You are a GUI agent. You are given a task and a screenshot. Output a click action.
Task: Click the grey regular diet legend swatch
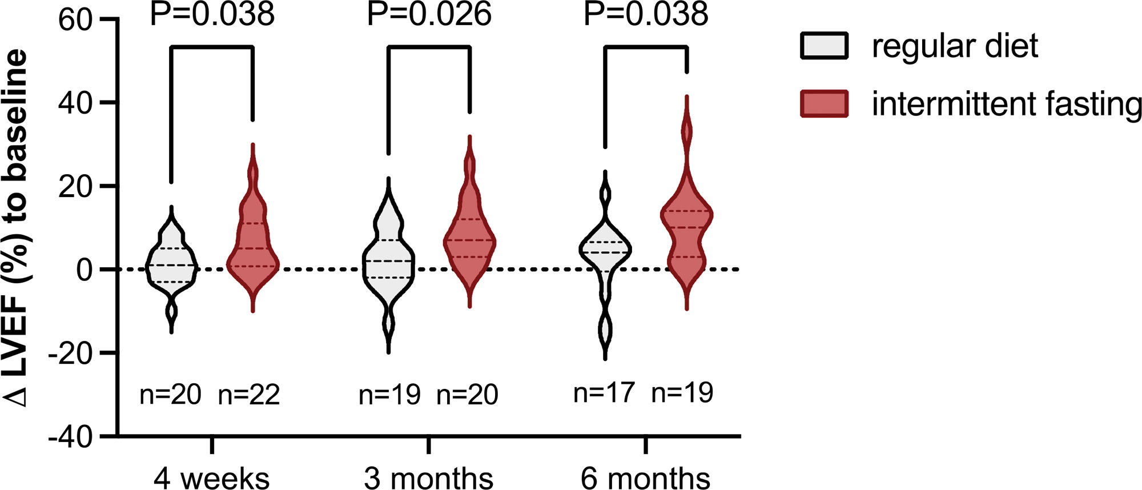point(824,46)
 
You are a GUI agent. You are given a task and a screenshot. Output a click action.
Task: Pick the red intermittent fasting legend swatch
point(824,103)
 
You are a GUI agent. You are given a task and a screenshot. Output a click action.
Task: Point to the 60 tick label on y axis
point(75,21)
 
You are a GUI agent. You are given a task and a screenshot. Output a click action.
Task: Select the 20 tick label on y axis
point(75,187)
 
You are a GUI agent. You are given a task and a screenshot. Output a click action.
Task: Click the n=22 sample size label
point(249,395)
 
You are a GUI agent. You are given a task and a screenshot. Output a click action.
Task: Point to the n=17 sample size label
point(604,392)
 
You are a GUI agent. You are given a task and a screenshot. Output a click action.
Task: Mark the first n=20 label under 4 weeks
point(170,395)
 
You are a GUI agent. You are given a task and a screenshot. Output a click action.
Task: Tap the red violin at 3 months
point(469,240)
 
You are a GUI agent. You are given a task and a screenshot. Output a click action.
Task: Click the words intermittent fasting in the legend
point(1006,104)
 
